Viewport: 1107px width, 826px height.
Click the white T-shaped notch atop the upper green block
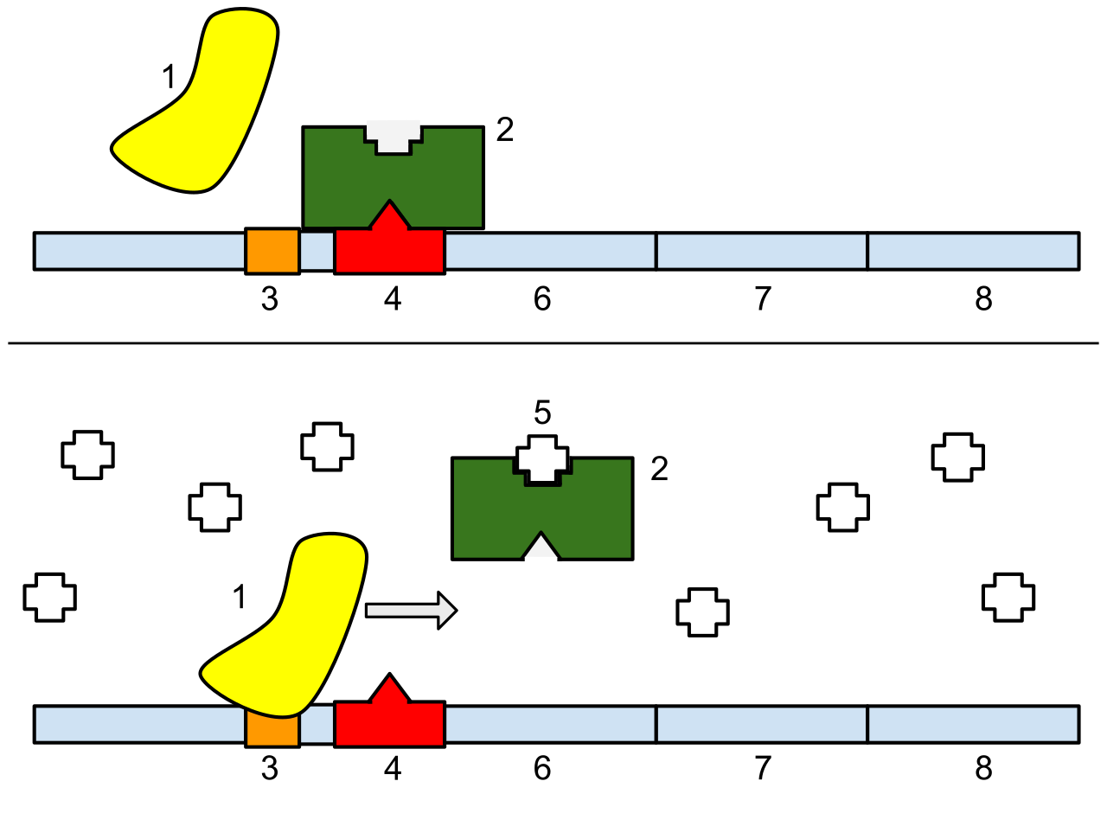click(x=393, y=135)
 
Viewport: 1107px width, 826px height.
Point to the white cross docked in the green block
click(x=542, y=459)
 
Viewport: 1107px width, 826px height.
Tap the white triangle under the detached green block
click(x=541, y=550)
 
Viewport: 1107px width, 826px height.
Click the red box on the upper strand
click(x=389, y=252)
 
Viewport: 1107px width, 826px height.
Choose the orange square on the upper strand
click(x=272, y=251)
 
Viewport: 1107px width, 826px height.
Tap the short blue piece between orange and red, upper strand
click(x=317, y=251)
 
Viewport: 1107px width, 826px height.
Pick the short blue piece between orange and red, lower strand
click(x=317, y=725)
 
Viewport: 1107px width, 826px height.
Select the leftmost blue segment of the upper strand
click(x=139, y=251)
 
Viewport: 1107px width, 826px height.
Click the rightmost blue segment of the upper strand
click(x=973, y=251)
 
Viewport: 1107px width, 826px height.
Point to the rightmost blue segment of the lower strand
click(x=973, y=725)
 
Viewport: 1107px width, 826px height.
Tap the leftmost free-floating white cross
click(x=49, y=598)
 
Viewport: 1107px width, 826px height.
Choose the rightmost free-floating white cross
click(x=1008, y=598)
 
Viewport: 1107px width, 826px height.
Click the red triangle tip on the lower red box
click(x=389, y=689)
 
